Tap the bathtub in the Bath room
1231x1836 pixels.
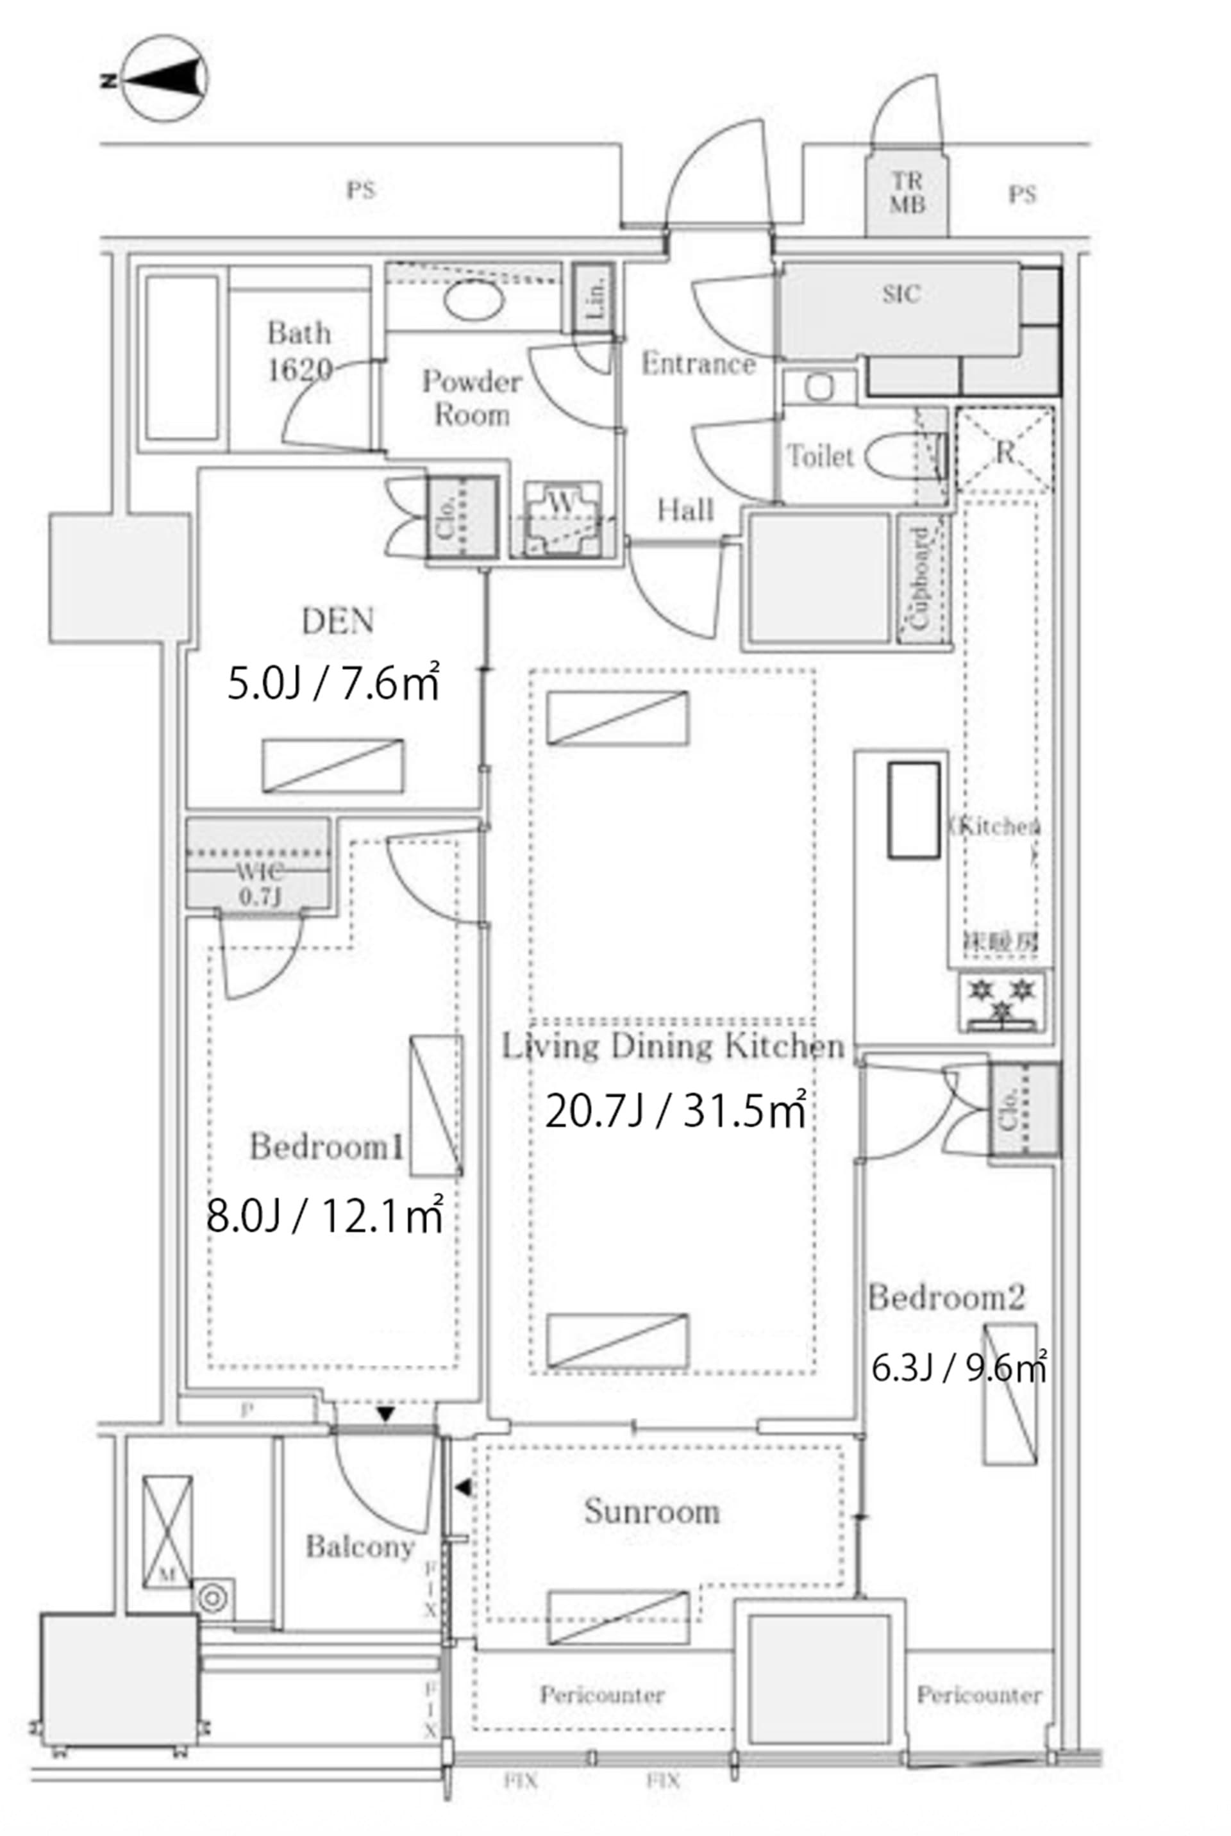181,358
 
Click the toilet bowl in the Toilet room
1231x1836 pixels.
896,458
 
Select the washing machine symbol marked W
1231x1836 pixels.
562,518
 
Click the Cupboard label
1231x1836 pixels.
920,578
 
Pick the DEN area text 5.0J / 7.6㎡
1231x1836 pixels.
333,685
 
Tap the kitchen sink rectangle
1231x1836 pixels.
913,809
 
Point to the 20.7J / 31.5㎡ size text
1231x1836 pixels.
675,1112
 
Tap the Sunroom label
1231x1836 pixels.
651,1511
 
